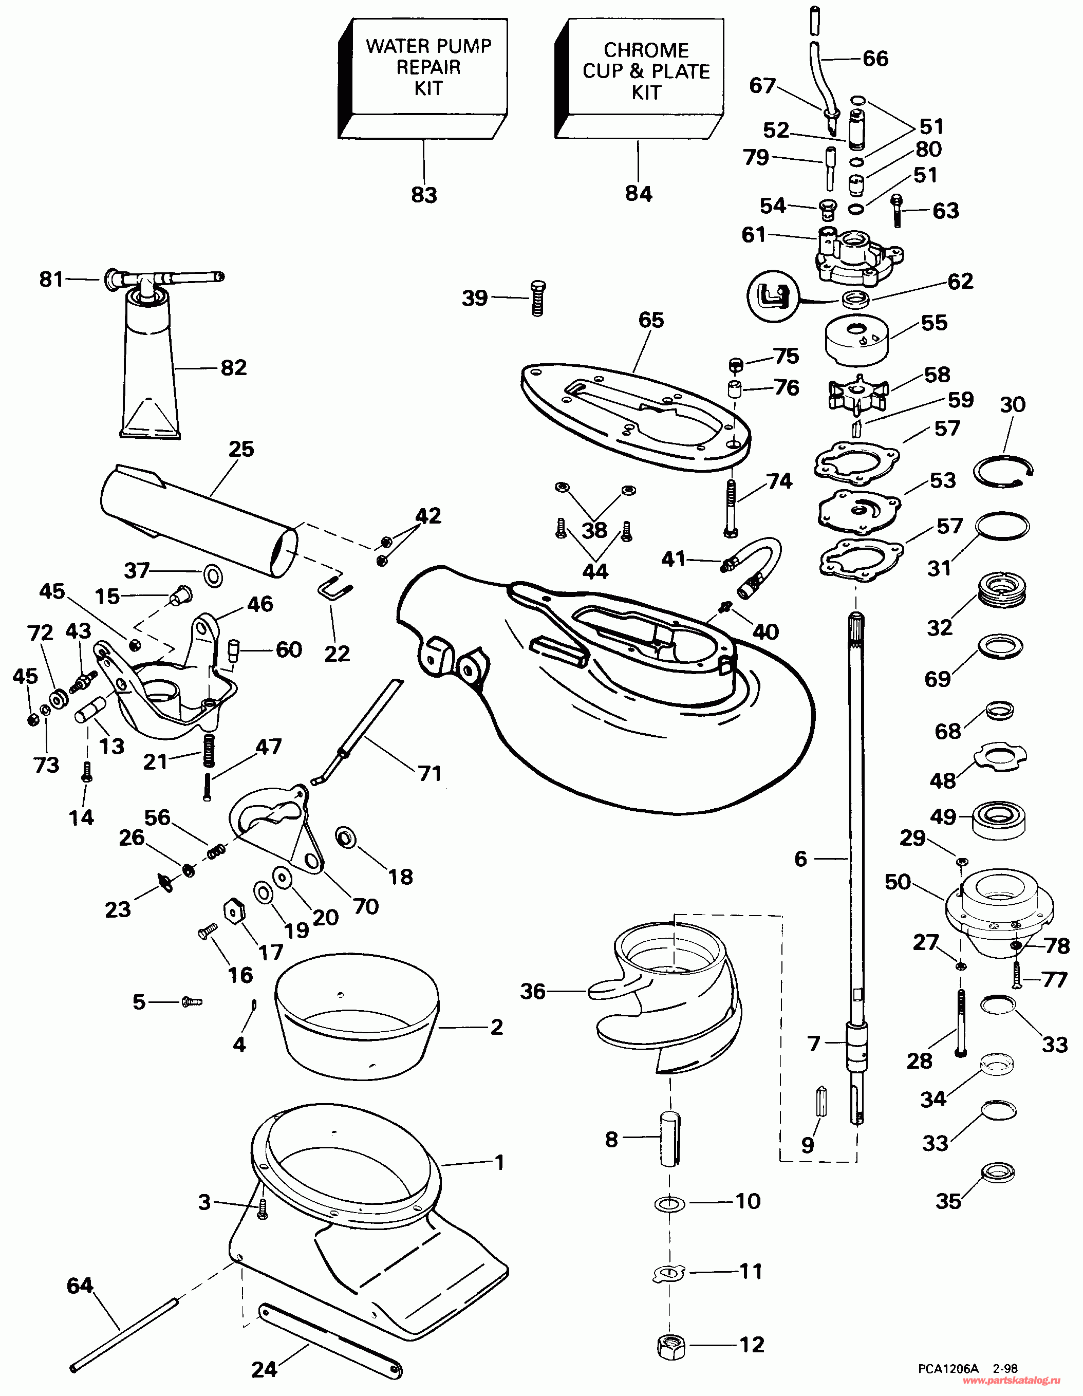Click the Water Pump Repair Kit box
(423, 78)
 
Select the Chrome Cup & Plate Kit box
(639, 78)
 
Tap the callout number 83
(424, 194)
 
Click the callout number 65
(651, 320)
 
